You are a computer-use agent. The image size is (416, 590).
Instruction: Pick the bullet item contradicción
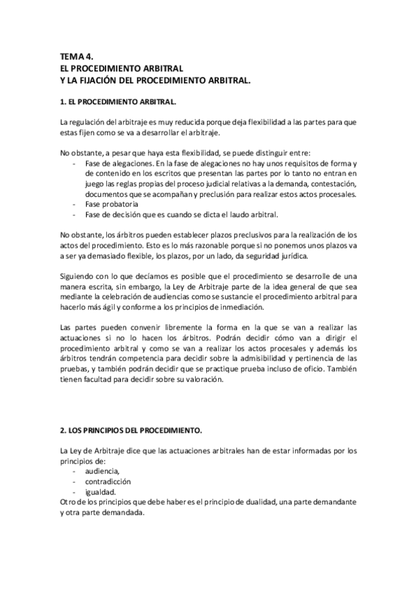[108, 481]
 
